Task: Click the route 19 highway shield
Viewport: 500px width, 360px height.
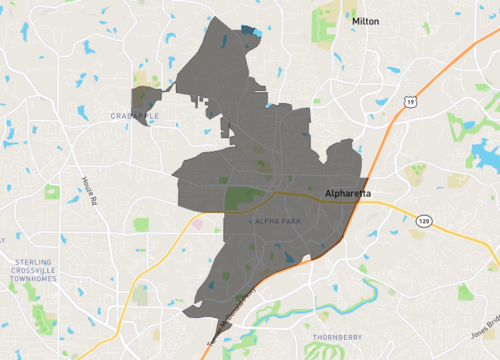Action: point(410,101)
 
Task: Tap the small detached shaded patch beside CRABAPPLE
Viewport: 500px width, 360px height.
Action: point(145,99)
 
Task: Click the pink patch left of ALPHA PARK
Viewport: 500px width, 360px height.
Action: point(197,224)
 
